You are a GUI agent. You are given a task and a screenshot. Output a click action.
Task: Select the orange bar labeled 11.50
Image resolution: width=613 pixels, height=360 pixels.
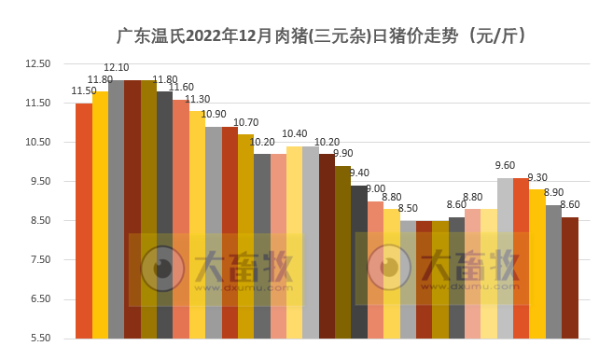point(84,220)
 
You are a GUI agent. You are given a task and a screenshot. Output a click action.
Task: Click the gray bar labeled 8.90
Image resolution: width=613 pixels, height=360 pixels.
point(553,271)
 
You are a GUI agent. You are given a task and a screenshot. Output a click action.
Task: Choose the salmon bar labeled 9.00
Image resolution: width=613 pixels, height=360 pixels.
point(375,270)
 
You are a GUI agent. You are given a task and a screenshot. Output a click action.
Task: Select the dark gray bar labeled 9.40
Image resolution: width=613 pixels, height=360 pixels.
point(359,261)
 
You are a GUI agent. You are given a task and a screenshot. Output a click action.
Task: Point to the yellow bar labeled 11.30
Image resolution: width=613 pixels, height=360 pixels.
point(197,224)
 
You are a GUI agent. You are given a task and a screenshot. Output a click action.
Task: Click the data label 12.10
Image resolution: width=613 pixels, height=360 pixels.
point(117,68)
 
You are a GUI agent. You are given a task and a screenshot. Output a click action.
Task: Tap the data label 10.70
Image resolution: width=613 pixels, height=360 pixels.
point(245,122)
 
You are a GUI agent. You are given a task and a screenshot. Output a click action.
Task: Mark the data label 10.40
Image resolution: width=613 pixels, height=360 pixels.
point(295,134)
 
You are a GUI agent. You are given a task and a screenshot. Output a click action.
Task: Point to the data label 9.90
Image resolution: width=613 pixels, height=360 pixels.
point(342,154)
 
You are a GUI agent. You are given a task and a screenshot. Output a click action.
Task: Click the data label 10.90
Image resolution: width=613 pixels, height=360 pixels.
point(214,115)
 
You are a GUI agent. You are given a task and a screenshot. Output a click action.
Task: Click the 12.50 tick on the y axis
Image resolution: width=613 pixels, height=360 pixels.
point(37,63)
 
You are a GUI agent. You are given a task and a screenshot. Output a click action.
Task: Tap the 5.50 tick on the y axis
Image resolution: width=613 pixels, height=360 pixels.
point(37,338)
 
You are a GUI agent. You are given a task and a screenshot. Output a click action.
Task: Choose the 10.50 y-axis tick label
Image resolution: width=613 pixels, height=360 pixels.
point(37,142)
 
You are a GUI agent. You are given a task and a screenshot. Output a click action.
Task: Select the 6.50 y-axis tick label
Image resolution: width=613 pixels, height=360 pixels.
point(37,298)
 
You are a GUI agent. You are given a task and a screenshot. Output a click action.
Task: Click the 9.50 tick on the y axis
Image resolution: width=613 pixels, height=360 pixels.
point(37,181)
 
